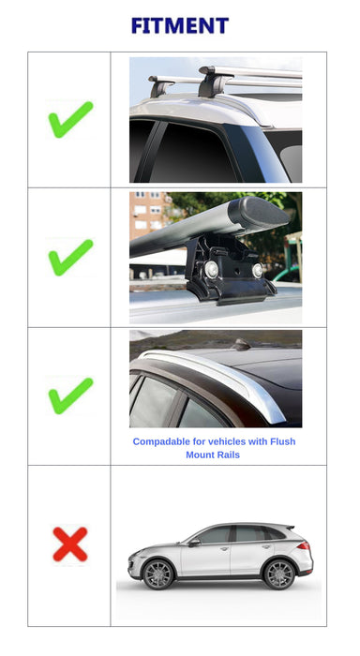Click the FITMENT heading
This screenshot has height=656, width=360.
180,25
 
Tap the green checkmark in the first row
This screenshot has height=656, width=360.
70,120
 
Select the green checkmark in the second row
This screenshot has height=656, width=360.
70,258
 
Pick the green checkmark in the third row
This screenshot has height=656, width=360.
70,395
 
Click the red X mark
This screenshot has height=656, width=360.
70,544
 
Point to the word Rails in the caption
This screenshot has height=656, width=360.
228,455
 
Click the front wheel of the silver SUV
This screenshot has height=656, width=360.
157,574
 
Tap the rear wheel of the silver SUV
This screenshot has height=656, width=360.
278,574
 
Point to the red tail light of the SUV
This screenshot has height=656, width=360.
304,546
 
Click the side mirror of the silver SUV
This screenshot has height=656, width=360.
194,543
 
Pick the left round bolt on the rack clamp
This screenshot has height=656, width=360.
211,269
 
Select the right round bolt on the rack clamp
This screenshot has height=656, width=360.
258,270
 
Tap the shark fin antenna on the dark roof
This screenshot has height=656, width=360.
242,344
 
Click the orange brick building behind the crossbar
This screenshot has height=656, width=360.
149,216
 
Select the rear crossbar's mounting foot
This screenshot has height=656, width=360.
161,86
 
